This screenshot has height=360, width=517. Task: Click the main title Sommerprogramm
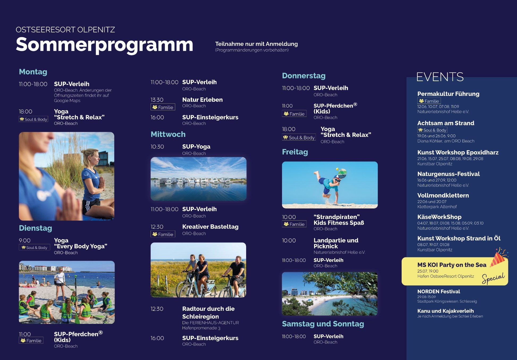coord(104,45)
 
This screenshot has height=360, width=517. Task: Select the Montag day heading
coord(33,72)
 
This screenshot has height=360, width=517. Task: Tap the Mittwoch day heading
coord(168,134)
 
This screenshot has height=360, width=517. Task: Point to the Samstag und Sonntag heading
coord(323,324)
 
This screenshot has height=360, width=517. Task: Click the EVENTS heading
coord(440,77)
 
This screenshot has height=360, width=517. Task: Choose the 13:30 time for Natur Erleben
coord(157,100)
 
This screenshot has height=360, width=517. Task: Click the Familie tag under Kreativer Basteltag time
coord(163,234)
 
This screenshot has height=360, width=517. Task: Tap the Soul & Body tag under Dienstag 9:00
coord(34,248)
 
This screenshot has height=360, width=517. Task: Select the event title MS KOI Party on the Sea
coord(452,265)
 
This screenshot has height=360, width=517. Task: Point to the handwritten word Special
coord(493,278)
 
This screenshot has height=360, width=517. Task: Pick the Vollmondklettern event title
coord(443,195)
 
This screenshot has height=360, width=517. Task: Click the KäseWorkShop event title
coord(439,217)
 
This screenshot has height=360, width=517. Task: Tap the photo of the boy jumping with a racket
coord(330,185)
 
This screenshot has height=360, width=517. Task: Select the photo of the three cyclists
coord(198,270)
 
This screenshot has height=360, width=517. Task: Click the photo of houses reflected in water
coord(199,179)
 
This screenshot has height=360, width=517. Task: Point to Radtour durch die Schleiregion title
coord(208,313)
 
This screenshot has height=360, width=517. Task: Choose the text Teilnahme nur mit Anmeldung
coord(257,44)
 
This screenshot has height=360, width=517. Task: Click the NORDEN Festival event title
coord(439,291)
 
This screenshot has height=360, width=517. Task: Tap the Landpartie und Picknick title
coord(336,243)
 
